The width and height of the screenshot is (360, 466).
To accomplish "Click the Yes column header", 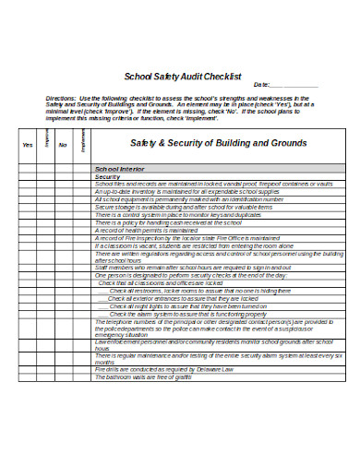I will (x=27, y=145).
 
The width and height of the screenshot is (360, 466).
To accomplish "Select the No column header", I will (x=63, y=145).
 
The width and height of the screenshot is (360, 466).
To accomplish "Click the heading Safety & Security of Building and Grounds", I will (x=216, y=144).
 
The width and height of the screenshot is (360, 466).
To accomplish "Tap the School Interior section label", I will (x=125, y=169).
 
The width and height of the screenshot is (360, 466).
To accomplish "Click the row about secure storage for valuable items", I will (x=175, y=208).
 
